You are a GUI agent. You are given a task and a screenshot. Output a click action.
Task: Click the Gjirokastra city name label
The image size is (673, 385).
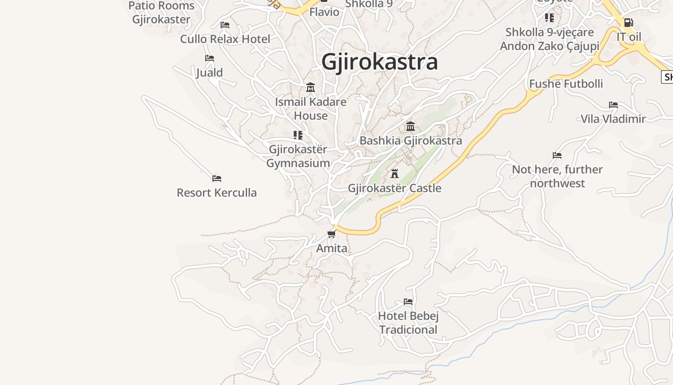[379, 62]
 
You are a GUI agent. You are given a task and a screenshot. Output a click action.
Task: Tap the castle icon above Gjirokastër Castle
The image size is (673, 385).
[395, 173]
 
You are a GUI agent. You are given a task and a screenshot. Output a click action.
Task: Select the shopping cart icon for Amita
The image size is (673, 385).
[331, 234]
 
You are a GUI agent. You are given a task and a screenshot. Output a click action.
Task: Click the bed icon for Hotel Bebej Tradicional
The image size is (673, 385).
[408, 302]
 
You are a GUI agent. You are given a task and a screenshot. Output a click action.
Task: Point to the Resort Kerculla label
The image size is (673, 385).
[216, 192]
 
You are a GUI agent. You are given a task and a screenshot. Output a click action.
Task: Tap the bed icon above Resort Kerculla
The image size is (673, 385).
[217, 179]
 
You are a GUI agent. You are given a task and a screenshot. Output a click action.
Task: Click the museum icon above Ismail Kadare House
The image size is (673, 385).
[311, 88]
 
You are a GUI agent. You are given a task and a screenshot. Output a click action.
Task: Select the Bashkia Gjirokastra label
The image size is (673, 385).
[411, 141]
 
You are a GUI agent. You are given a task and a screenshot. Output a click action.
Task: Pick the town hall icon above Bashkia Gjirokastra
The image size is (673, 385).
[411, 127]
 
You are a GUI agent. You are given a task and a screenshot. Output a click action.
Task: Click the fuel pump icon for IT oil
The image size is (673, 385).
[628, 23]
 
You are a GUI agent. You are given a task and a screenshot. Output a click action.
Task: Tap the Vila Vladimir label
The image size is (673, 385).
[613, 119]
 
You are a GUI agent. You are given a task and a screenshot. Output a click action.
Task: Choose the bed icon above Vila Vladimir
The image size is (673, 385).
[613, 105]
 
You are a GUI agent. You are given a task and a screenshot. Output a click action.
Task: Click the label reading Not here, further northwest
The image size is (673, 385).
[557, 176]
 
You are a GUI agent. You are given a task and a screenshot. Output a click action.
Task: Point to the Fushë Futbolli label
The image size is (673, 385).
[566, 84]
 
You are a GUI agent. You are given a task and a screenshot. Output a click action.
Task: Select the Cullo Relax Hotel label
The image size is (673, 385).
[225, 39]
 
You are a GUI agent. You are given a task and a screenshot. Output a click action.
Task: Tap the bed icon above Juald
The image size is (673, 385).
[210, 58]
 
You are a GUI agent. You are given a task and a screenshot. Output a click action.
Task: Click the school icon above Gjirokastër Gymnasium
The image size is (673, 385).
[298, 135]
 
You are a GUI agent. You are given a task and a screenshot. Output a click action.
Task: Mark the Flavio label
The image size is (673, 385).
[324, 12]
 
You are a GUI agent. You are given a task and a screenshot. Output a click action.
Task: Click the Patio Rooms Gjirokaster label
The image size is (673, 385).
[162, 13]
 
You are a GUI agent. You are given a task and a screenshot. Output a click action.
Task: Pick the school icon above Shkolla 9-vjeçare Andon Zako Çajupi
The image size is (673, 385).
[549, 18]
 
